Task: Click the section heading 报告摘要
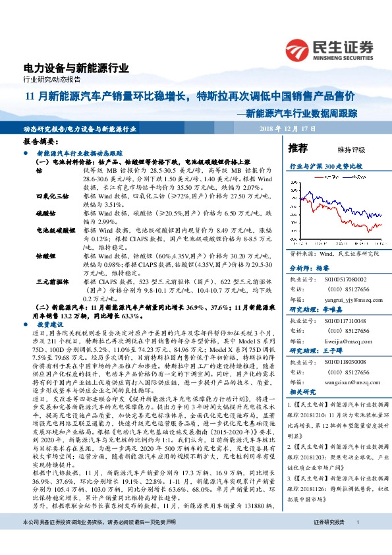[x=40, y=142]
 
